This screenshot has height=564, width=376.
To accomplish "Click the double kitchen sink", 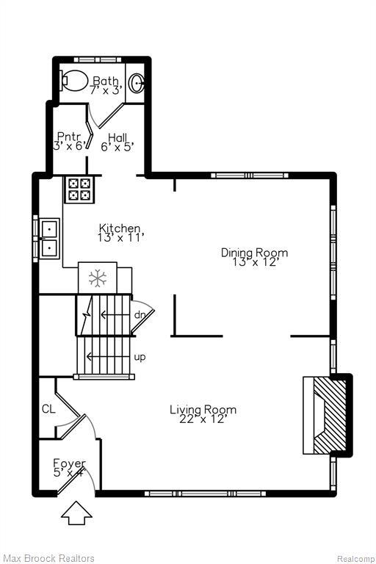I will point(49,238).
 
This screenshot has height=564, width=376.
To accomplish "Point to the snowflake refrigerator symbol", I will point(97,278).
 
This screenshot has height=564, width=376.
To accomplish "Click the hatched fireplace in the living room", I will point(323,416).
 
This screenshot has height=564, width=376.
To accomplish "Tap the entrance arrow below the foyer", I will point(76,513).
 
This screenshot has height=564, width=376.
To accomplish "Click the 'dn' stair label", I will point(140,315).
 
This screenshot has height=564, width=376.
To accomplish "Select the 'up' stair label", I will point(140,357).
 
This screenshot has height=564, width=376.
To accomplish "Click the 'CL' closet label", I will point(48,408).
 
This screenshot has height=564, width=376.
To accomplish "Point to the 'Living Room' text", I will point(203,409).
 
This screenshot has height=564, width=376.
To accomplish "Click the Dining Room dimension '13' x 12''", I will point(255,262).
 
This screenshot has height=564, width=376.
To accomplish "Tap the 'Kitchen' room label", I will point(120,228).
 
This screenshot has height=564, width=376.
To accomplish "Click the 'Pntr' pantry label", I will point(69,136).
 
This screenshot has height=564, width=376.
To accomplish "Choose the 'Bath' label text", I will point(105,81).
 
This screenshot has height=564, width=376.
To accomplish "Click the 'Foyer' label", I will point(69,463).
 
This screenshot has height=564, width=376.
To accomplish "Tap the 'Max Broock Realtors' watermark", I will point(48,559).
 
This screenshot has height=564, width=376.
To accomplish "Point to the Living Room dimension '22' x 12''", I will point(203,419).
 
